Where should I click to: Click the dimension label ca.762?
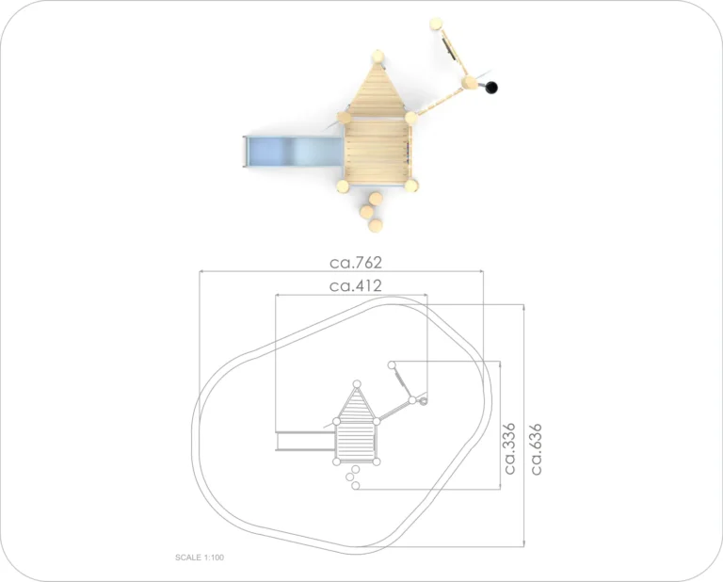[356, 263]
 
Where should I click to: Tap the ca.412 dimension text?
[356, 286]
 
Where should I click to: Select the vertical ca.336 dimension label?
[509, 448]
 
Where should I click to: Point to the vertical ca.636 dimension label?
[537, 449]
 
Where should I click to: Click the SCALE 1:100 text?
[200, 558]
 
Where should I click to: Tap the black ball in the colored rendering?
[491, 88]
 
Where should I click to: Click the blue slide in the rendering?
[294, 152]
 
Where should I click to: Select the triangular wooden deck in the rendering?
[376, 90]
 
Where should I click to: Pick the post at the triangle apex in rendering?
[378, 57]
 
